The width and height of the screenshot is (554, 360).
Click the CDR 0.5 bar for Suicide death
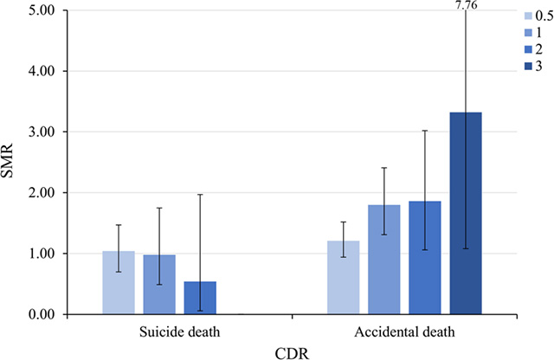pyautogui.click(x=119, y=283)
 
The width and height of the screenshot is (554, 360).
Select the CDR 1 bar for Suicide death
pyautogui.click(x=159, y=285)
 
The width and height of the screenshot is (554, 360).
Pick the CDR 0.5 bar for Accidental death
pyautogui.click(x=344, y=278)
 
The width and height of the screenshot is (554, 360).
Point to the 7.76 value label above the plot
pyautogui.click(x=467, y=5)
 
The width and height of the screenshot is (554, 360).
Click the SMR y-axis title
pyautogui.click(x=11, y=163)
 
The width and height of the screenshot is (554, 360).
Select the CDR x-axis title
pyautogui.click(x=293, y=350)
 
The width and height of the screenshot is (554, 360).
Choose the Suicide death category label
pyautogui.click(x=179, y=331)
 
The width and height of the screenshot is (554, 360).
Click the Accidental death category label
pyautogui.click(x=403, y=331)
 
